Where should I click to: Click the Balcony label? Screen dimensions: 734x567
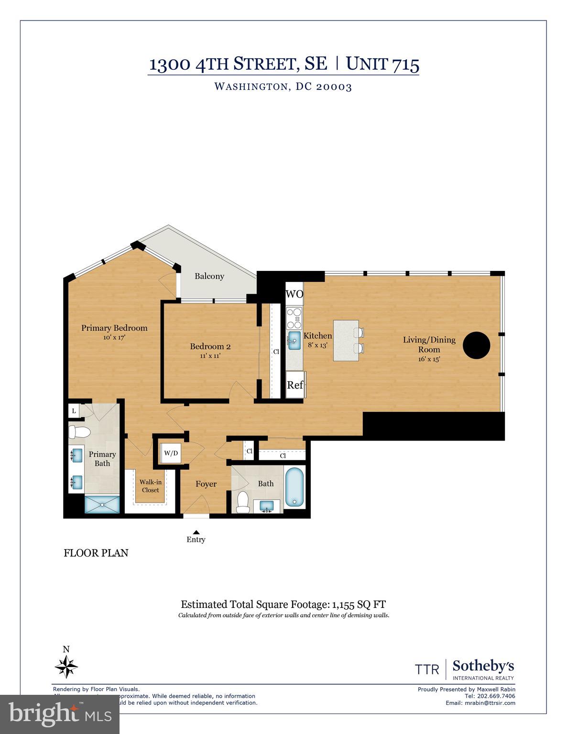pyautogui.click(x=209, y=276)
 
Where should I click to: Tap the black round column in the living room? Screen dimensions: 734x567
pyautogui.click(x=476, y=345)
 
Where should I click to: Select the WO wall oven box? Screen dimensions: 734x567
pyautogui.click(x=294, y=294)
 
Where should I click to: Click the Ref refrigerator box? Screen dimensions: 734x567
pyautogui.click(x=295, y=385)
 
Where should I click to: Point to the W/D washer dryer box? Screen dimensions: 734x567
pyautogui.click(x=171, y=453)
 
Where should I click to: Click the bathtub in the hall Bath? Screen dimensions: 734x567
pyautogui.click(x=294, y=487)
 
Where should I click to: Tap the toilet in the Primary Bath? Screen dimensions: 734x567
pyautogui.click(x=79, y=432)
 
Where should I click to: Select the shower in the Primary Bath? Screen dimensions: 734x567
pyautogui.click(x=102, y=505)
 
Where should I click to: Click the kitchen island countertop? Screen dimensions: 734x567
pyautogui.click(x=345, y=341)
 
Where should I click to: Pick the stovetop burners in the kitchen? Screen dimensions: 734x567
pyautogui.click(x=294, y=318)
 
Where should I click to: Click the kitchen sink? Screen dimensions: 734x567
pyautogui.click(x=294, y=341)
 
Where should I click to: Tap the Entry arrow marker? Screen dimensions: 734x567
pyautogui.click(x=196, y=532)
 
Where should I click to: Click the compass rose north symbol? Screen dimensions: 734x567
pyautogui.click(x=66, y=666)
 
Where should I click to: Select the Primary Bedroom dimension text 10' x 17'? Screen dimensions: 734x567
pyautogui.click(x=114, y=337)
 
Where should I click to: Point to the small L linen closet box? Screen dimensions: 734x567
pyautogui.click(x=74, y=410)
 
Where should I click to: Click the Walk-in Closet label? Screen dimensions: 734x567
pyautogui.click(x=150, y=486)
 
